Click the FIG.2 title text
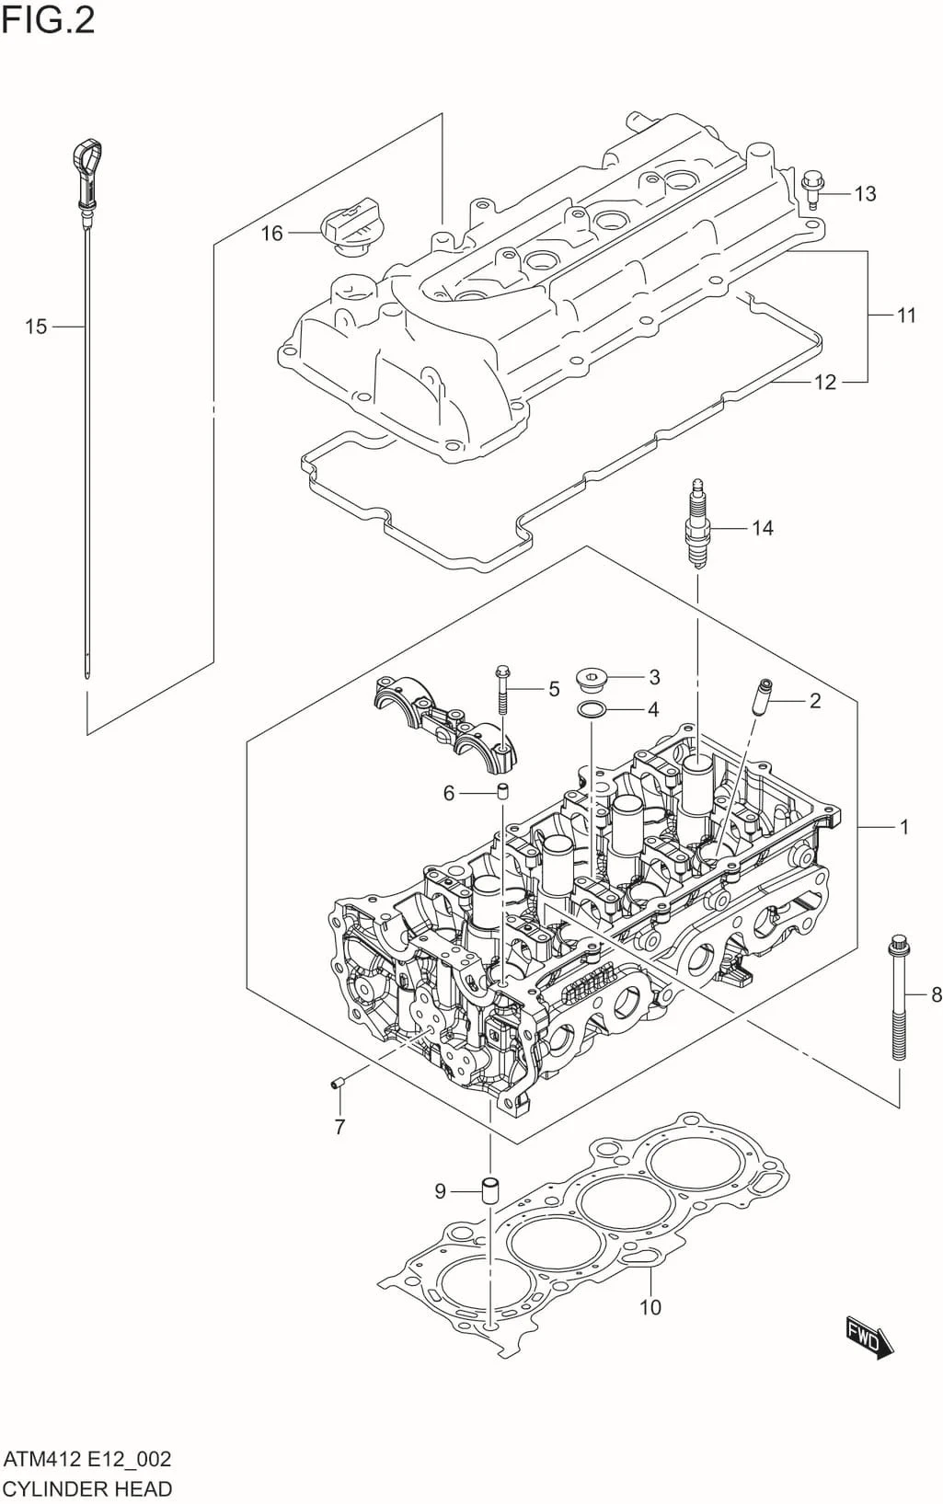pos(48,19)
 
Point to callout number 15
pos(35,327)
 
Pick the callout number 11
pos(906,316)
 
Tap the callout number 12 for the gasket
pos(825,382)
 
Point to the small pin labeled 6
pos(502,791)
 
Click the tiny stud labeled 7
pos(337,1084)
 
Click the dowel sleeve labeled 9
pos(490,1189)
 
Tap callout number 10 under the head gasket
pos(650,1307)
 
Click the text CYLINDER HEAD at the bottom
pos(87,1488)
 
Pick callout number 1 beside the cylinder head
pos(903,827)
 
